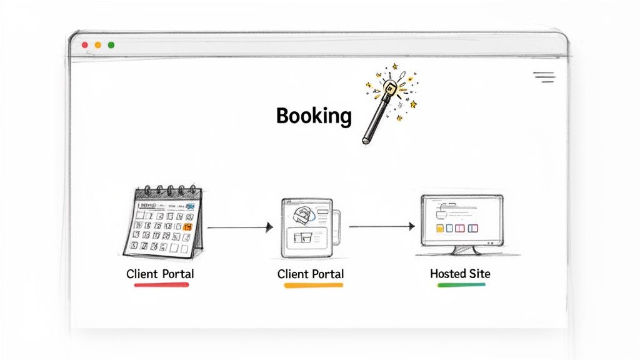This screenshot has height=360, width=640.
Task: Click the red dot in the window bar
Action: point(85,45)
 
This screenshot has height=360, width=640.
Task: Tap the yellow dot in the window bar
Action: point(98,45)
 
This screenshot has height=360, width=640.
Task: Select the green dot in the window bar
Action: point(111,45)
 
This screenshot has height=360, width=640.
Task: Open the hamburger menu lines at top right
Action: point(544,77)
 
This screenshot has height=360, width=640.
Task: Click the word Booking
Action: point(314,116)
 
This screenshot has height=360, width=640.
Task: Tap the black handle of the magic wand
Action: point(374,122)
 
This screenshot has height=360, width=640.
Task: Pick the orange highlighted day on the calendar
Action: point(186,226)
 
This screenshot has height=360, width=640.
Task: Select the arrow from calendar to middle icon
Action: point(240,227)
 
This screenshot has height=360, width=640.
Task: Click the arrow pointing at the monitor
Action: point(381,226)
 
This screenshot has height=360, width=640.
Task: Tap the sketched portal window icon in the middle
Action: point(307,227)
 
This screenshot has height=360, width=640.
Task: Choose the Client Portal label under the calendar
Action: point(160,274)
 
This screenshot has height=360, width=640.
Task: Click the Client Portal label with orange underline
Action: point(311,274)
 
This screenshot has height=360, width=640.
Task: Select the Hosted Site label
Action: point(460,274)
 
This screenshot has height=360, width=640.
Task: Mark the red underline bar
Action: point(161,285)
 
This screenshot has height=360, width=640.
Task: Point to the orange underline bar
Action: point(313,285)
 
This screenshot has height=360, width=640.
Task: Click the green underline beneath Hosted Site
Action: point(461,284)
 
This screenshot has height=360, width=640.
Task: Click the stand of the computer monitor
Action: point(463,249)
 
